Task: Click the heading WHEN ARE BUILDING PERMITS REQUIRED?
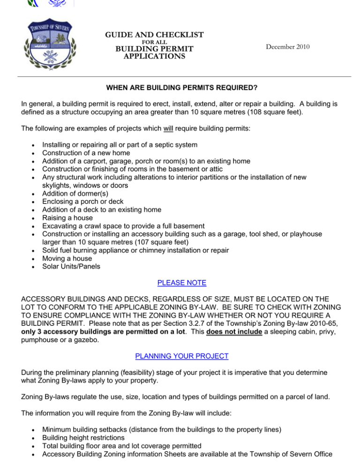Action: coord(180,87)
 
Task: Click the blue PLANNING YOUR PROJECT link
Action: coord(180,356)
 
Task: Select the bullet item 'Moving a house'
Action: coord(67,259)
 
